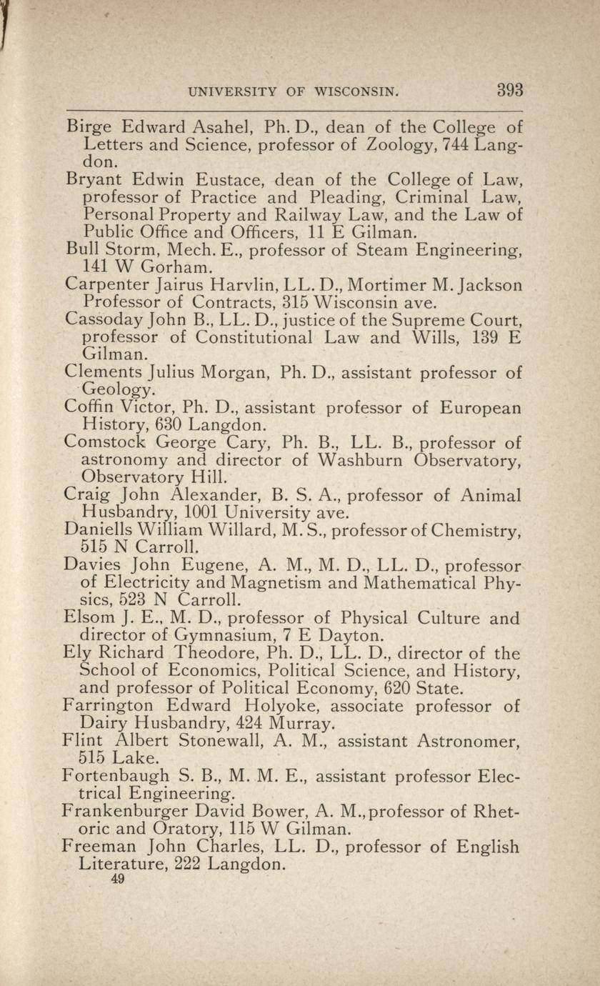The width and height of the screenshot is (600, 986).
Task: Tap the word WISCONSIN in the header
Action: tap(356, 91)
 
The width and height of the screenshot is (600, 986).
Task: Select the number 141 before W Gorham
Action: tap(96, 268)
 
